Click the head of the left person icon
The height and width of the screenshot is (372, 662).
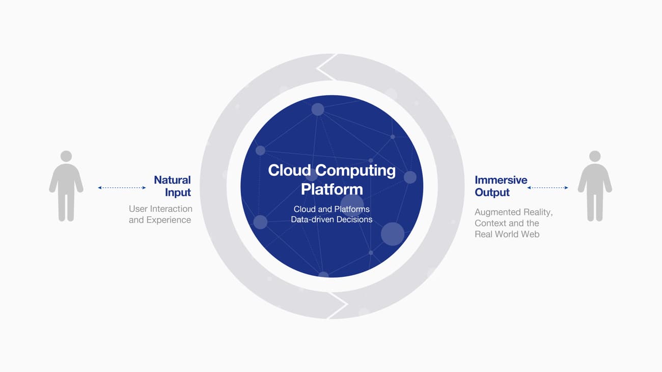pos(66,156)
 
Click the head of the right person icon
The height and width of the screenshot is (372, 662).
pos(595,156)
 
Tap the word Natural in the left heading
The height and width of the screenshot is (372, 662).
pos(172,180)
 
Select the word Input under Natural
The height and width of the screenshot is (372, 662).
pos(178,192)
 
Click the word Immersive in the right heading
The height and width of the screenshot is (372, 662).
pos(501,180)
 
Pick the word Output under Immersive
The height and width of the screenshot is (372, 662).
pos(492,192)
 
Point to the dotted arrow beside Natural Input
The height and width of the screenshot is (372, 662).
pos(122,187)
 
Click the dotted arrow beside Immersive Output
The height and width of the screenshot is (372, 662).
pos(547,187)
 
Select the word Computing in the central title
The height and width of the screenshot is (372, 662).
pos(355,171)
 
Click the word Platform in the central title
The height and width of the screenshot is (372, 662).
pos(332,189)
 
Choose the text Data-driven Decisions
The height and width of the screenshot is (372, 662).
pos(332,219)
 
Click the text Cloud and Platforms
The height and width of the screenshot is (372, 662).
pos(332,209)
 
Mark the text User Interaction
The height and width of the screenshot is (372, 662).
pos(160,209)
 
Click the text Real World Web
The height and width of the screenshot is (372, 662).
pos(507,234)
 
